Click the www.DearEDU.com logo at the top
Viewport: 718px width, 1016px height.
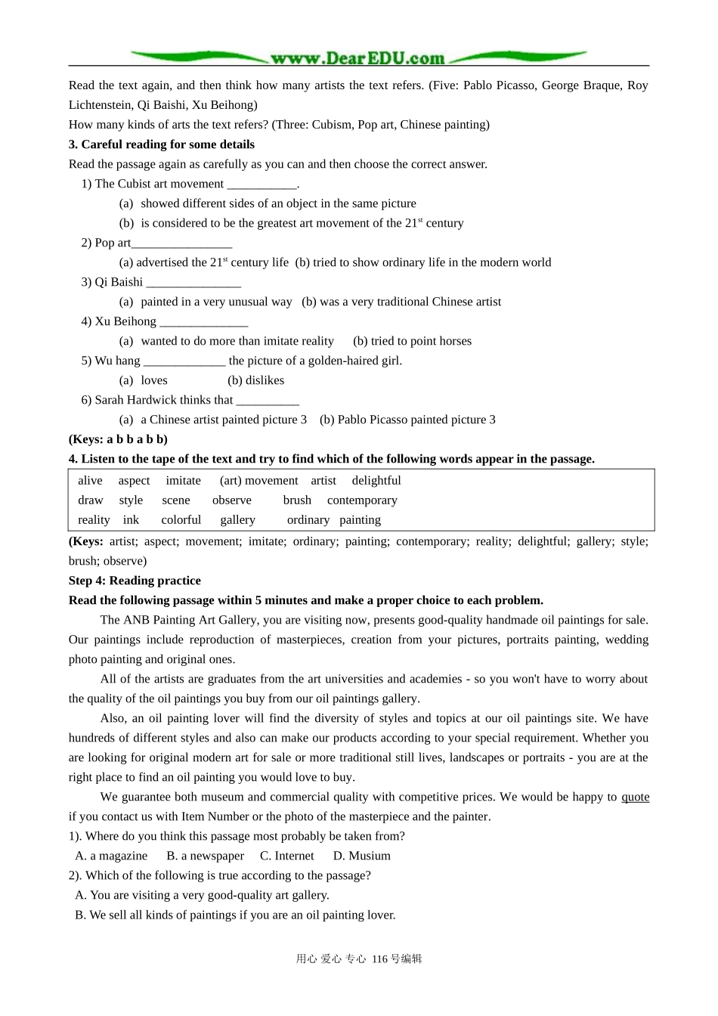click(357, 58)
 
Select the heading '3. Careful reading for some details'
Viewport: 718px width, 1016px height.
click(162, 144)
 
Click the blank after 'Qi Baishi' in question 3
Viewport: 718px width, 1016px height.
click(193, 283)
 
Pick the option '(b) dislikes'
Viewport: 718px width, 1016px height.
click(256, 380)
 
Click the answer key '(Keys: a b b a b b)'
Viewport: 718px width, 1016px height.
click(118, 439)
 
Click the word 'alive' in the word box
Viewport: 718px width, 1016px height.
click(90, 480)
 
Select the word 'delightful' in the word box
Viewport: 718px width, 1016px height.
click(376, 480)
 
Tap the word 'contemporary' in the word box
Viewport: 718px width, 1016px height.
click(362, 500)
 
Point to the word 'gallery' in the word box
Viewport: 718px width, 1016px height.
click(237, 519)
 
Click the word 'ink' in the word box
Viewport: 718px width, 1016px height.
click(131, 519)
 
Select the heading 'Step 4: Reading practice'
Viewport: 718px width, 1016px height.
click(135, 581)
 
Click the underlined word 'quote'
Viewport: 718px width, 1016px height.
click(635, 797)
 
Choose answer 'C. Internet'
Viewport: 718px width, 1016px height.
click(287, 856)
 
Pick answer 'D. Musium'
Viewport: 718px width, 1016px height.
click(362, 856)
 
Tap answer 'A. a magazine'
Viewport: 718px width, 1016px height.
click(111, 856)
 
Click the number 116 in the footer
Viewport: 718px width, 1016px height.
click(379, 959)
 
